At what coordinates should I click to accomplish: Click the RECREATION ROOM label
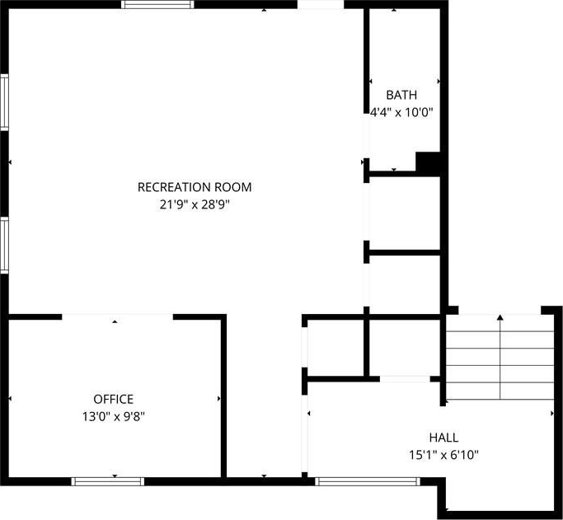195,187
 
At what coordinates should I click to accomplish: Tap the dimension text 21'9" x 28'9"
195,205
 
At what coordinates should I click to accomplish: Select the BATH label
401,95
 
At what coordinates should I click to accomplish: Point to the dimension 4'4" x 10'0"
401,113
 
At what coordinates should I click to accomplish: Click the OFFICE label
114,399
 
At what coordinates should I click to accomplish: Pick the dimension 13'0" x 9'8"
114,417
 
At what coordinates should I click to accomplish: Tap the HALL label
443,438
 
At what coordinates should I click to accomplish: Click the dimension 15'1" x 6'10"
443,455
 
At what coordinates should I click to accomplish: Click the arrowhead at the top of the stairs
500,317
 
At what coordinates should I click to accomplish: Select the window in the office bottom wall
108,481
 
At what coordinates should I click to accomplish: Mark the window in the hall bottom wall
368,481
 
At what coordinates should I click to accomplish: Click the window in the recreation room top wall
157,4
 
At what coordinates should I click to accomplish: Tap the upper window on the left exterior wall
4,102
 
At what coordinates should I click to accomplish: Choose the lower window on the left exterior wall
4,245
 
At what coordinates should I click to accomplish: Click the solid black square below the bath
428,162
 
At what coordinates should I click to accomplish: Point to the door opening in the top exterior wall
321,4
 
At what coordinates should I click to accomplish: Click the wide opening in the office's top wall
117,317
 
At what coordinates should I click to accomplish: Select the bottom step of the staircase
500,391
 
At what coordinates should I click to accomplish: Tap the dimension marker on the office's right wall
219,399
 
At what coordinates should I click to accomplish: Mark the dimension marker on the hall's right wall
552,414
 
